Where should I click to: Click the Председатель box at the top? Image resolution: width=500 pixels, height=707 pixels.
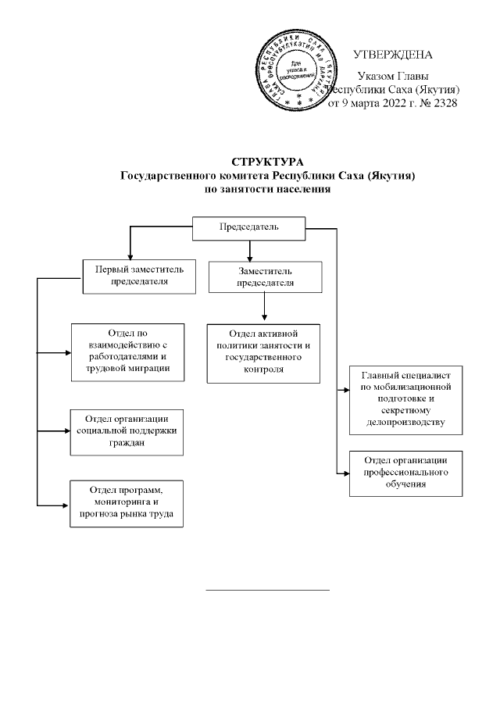point(249,229)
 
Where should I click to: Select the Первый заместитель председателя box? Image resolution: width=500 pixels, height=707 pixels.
point(140,276)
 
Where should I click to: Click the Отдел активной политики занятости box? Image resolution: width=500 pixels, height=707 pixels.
point(262,352)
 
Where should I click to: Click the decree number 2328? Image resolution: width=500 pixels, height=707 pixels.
point(441,102)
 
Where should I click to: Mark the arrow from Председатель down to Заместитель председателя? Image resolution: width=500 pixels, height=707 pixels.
point(250,251)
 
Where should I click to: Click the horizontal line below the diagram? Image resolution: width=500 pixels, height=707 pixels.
point(267,588)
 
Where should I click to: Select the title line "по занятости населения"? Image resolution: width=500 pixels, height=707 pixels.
point(266,189)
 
